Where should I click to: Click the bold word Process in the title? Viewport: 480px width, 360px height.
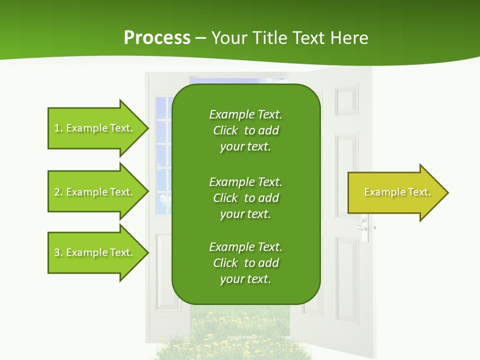[x=157, y=38]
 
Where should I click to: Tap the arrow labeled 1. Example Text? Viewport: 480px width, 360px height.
[x=95, y=128]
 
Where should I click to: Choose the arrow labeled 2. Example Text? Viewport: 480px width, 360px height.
[x=95, y=192]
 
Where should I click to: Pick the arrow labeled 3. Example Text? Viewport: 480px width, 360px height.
[x=95, y=252]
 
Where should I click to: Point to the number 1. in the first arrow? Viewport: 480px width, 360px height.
[x=58, y=128]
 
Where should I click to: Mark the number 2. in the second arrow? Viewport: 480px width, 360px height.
[x=58, y=192]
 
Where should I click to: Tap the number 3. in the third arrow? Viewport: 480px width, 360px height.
[x=58, y=252]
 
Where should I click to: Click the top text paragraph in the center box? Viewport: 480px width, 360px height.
[x=245, y=130]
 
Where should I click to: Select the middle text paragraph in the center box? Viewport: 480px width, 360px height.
[x=245, y=197]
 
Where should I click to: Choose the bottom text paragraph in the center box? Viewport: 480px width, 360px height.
[x=245, y=263]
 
